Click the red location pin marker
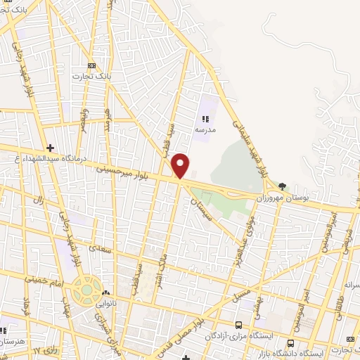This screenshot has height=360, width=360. pyautogui.click(x=181, y=166)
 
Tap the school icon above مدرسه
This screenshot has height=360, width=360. pyautogui.click(x=205, y=120)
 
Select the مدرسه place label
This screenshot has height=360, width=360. pyautogui.click(x=205, y=131)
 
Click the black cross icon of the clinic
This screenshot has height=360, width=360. pyautogui.click(x=49, y=148)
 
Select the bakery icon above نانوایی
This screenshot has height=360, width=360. pyautogui.click(x=105, y=293)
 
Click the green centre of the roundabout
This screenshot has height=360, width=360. pyautogui.click(x=86, y=288)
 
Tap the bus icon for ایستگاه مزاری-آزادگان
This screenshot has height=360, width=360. pyautogui.click(x=239, y=325)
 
